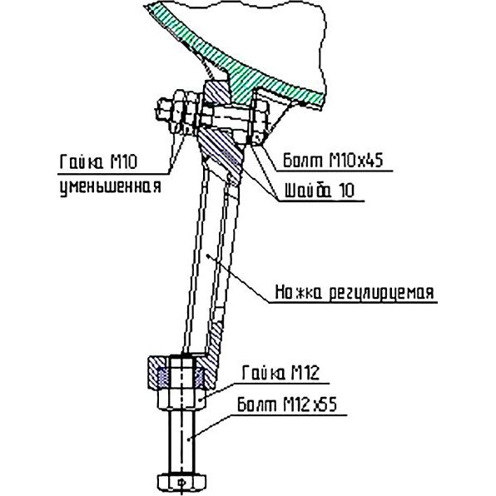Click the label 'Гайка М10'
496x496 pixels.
point(98,161)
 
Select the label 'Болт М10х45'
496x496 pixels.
point(333,161)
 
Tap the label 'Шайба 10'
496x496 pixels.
point(320,191)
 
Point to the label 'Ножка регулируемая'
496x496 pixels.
point(355,293)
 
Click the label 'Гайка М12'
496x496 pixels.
point(281,373)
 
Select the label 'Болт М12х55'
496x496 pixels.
point(287,404)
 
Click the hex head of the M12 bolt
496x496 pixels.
point(181,482)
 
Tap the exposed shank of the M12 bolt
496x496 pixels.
point(181,441)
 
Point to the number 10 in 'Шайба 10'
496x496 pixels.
point(346,191)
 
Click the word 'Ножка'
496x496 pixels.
point(298,292)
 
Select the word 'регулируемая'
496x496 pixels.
point(381,294)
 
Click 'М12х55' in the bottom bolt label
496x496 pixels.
point(310,404)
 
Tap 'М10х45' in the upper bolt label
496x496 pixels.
point(356,161)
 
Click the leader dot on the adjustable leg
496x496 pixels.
point(207,256)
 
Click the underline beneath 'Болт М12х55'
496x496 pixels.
point(291,415)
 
